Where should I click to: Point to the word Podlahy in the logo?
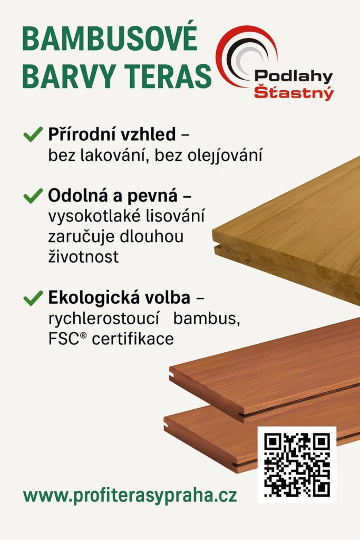click(294, 76)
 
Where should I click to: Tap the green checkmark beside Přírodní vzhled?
click(33, 134)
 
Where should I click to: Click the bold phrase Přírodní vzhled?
click(112, 134)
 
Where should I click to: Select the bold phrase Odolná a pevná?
click(113, 196)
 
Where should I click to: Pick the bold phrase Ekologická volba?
click(119, 297)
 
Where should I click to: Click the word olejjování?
click(225, 156)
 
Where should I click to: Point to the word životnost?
click(83, 256)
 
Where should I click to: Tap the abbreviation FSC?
click(64, 339)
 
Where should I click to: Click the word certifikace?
click(133, 339)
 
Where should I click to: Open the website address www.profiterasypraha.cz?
click(130, 496)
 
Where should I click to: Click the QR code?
click(297, 465)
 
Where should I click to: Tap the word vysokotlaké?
click(95, 216)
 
